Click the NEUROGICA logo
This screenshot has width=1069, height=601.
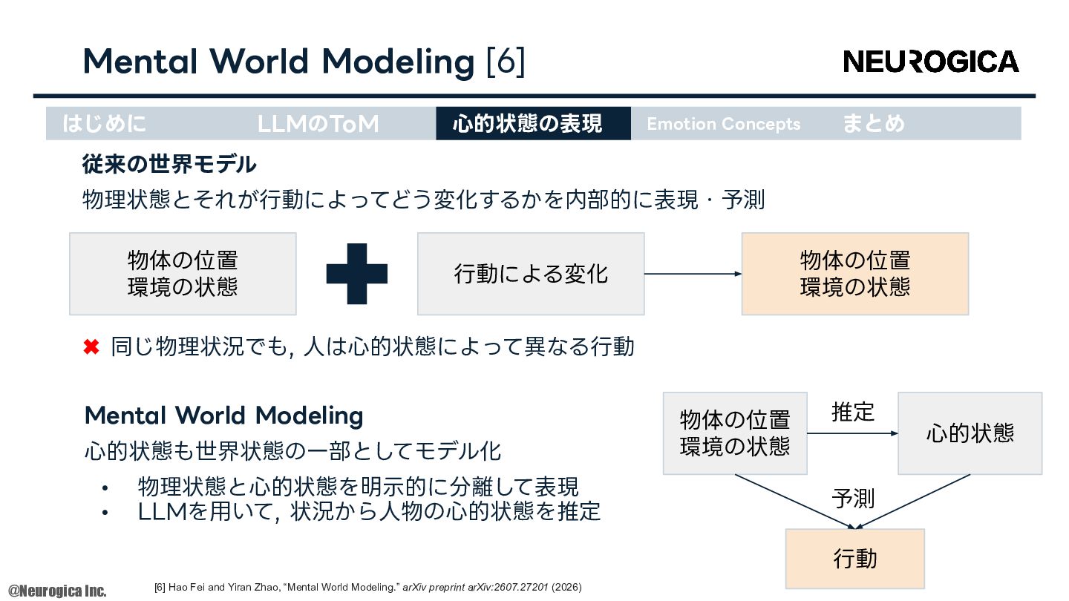931,62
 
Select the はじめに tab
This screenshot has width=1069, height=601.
104,123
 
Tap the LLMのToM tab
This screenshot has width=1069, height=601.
318,123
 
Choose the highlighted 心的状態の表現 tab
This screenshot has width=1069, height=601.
533,123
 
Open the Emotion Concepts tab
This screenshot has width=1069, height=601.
724,124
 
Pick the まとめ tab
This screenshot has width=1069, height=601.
873,123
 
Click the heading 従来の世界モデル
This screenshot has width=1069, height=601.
169,164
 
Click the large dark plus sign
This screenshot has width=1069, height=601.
357,274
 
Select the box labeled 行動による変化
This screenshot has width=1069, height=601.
531,274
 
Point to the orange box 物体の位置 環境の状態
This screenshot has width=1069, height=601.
855,274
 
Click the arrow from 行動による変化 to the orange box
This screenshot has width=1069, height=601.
693,274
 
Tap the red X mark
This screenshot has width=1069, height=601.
91,347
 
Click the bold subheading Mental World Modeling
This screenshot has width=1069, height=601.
224,416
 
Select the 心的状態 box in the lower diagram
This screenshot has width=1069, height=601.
970,433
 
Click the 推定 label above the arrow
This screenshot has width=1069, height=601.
853,412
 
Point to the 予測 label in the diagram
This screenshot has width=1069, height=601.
853,499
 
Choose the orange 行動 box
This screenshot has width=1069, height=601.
855,559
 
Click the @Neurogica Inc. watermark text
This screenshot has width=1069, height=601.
57,591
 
